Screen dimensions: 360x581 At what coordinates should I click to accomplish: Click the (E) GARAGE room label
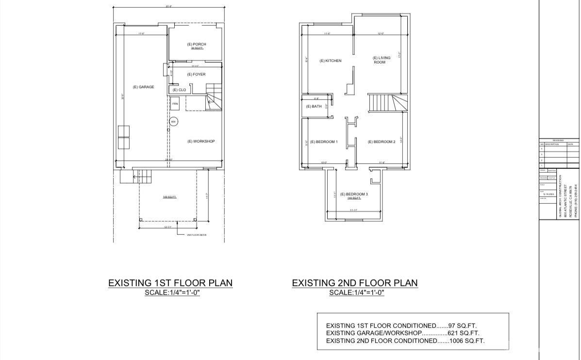coord(143,87)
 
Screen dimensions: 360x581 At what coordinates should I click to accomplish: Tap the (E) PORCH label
coord(197,44)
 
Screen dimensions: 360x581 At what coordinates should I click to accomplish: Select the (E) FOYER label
coord(196,74)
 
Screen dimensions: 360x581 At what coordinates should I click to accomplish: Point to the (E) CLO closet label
coord(179,90)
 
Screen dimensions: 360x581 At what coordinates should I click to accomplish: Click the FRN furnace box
coord(175,104)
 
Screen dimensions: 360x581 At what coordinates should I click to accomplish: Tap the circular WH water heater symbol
coord(173,121)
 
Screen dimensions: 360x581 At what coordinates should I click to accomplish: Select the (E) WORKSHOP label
coord(201,141)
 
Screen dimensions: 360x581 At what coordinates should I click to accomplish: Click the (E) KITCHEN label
coord(330,61)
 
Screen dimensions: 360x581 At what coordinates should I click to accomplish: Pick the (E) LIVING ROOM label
coord(381,60)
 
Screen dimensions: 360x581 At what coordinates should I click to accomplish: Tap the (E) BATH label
coord(314,106)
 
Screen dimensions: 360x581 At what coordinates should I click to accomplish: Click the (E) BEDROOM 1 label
coord(324,142)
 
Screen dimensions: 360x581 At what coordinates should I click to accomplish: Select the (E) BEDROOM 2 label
coord(382,142)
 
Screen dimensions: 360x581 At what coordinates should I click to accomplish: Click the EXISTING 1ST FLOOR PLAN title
coord(170,283)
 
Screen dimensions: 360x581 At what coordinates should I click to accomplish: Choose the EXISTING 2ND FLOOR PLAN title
coord(354,283)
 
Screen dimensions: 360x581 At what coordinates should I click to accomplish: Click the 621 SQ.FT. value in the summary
coord(466,333)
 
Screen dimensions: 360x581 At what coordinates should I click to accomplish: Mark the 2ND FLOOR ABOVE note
coord(197,235)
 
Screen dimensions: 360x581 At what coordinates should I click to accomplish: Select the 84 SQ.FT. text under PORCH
coord(197,49)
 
